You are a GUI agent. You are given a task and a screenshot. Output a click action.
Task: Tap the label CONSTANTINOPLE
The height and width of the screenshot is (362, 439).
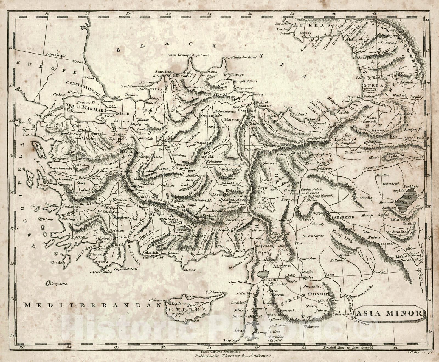pyautogui.click(x=85, y=90)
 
